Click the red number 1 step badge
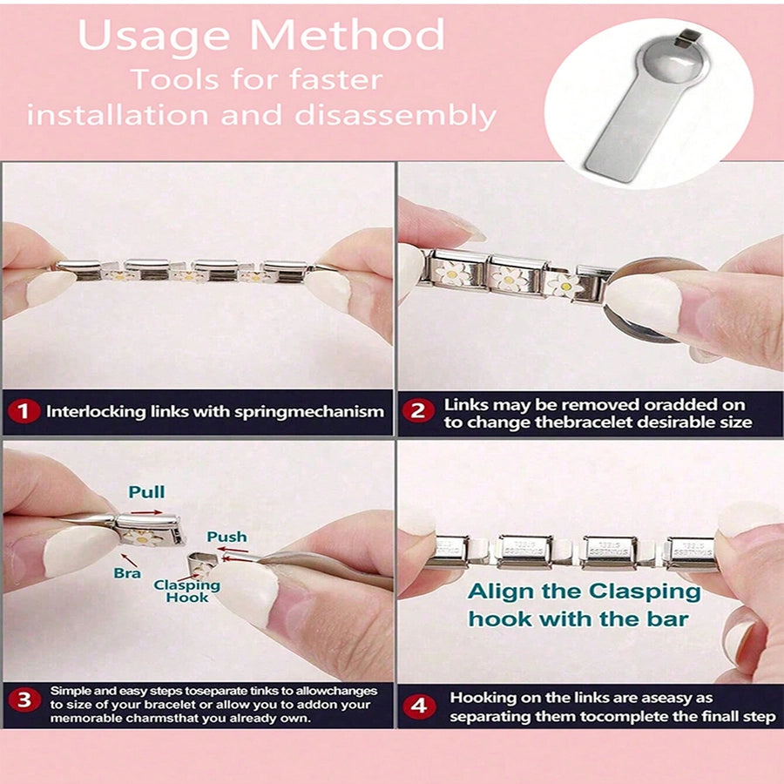click(24, 412)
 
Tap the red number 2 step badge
click(417, 411)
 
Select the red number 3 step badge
click(24, 700)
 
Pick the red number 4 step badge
click(419, 706)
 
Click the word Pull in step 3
click(146, 492)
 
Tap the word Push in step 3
click(227, 537)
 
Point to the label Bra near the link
click(127, 573)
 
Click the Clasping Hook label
click(187, 591)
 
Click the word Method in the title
click(347, 35)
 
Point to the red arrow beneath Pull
click(146, 512)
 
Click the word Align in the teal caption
click(501, 592)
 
